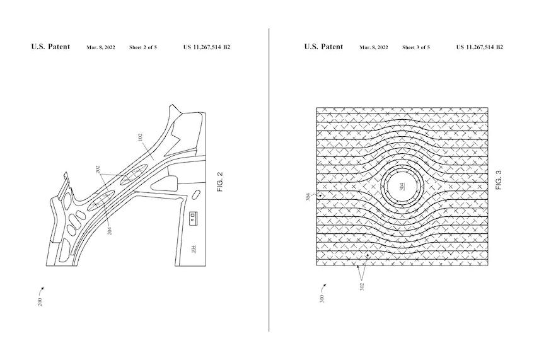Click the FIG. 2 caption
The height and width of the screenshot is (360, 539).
pos(221,182)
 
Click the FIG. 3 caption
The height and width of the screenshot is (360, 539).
pos(499,180)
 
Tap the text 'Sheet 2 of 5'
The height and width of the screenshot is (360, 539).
pos(143,47)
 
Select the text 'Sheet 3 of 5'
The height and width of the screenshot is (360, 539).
pos(416,47)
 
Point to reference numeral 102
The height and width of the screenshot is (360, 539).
pos(140,137)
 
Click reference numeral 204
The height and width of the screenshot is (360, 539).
pos(110,231)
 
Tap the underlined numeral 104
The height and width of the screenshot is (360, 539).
pos(194,248)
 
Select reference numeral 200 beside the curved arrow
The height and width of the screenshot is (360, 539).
pos(40,302)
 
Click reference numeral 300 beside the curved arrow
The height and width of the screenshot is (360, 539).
pos(322,298)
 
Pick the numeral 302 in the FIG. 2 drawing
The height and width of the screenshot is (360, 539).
pos(98,170)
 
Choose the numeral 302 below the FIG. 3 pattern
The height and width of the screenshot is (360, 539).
pos(362,287)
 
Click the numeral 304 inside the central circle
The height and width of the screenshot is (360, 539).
pos(402,187)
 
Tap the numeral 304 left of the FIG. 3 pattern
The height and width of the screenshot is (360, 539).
pos(308,197)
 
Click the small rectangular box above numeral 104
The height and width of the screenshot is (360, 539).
pos(194,218)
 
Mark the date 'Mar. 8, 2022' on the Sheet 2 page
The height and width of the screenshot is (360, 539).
pos(101,47)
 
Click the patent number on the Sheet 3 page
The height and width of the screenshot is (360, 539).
pos(480,47)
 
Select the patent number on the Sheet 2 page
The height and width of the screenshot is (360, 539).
pos(207,47)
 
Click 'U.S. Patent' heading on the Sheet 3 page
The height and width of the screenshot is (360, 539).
pos(323,47)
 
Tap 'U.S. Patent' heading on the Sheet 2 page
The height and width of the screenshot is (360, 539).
pos(50,47)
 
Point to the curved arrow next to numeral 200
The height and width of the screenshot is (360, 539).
pos(41,291)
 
